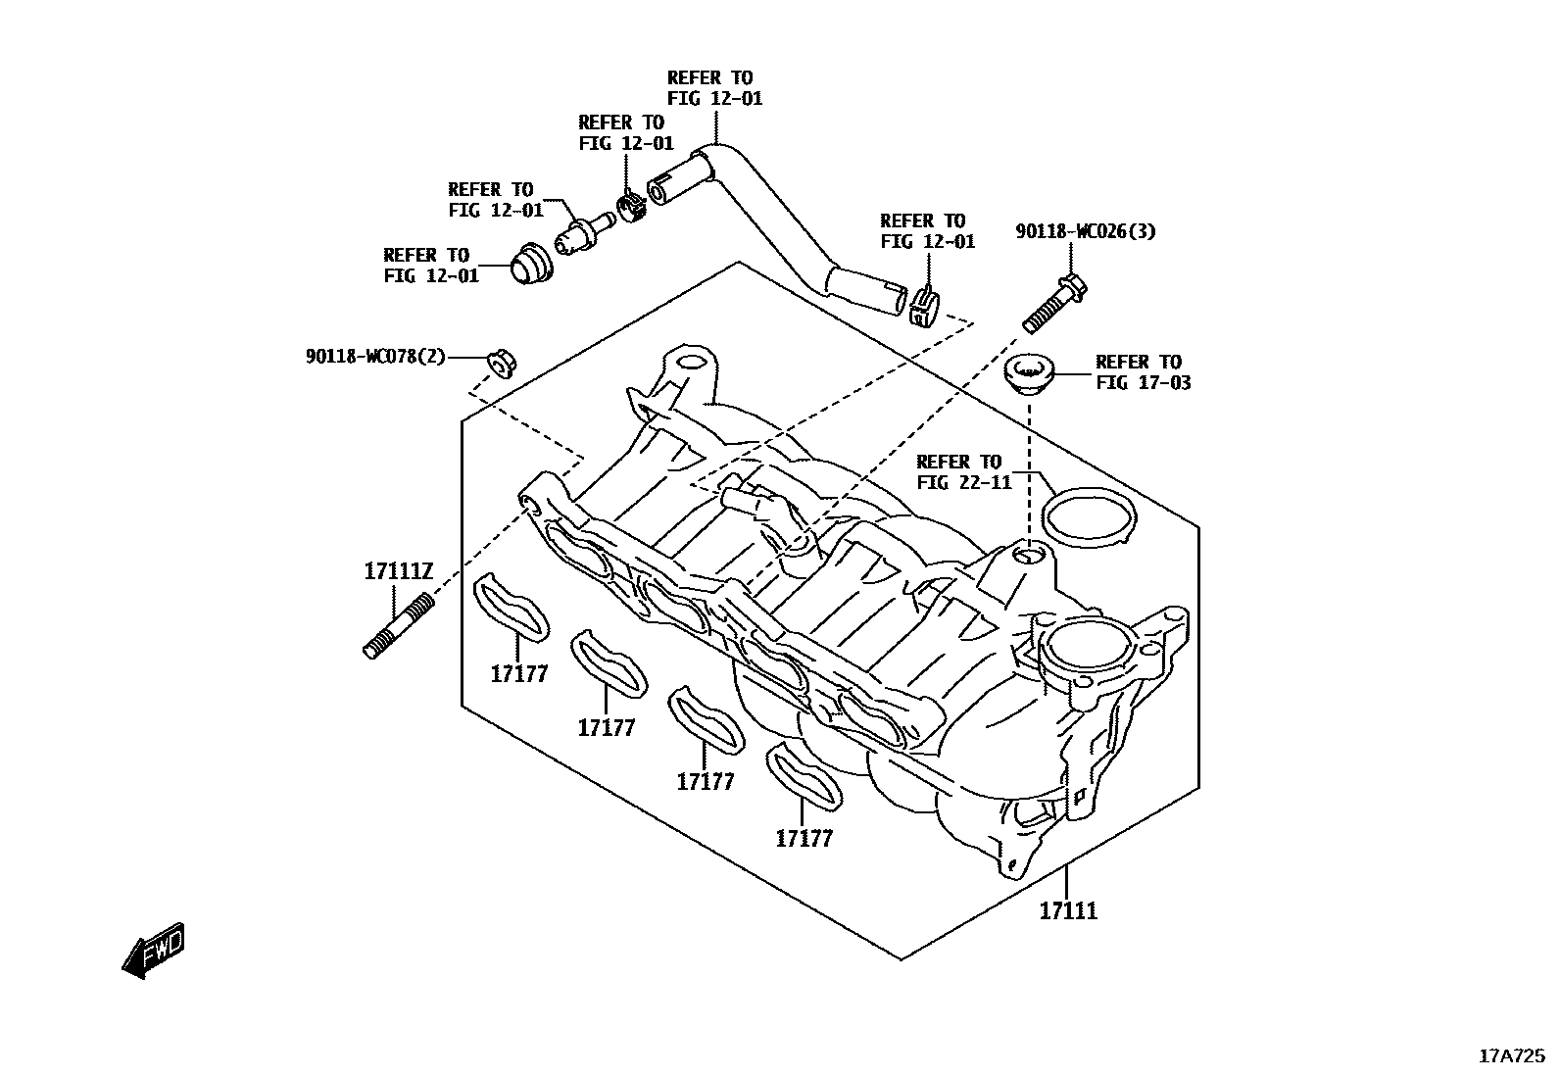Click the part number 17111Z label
[398, 570]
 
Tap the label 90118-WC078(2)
[374, 357]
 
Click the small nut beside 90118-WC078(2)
[502, 362]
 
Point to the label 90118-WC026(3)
[1085, 232]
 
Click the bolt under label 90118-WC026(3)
[1055, 303]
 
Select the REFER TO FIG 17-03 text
[1143, 372]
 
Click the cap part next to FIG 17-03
[1029, 373]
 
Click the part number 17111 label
[1068, 911]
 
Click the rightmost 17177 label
[804, 839]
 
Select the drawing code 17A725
[1511, 1056]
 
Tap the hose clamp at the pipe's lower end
[923, 307]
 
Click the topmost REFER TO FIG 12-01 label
[714, 88]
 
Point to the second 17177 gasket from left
[609, 662]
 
